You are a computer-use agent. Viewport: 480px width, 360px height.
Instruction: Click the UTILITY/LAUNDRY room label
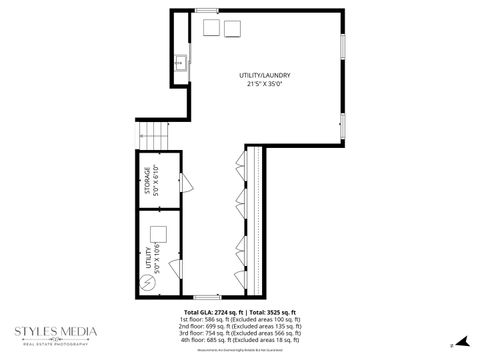265,75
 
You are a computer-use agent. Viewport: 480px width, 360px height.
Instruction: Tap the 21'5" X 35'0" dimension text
265,84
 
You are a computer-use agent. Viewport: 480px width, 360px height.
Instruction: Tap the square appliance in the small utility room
158,234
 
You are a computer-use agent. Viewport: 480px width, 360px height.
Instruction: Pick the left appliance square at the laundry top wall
212,27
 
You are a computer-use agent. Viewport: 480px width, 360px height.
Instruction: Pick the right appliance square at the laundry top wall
233,27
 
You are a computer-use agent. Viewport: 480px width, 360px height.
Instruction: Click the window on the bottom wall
207,297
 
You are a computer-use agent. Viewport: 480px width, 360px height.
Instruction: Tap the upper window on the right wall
343,45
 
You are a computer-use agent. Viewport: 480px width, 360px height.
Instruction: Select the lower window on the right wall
343,125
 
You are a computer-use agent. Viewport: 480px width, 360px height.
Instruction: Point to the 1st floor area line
239,320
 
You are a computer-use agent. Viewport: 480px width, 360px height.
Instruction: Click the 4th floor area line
239,344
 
